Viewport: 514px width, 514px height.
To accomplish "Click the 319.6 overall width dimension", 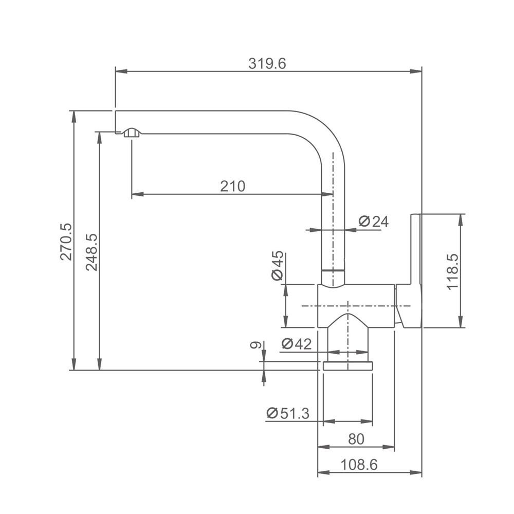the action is [267, 64].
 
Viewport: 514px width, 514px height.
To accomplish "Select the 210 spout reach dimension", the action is [232, 186].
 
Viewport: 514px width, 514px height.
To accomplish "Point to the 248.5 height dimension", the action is [91, 252].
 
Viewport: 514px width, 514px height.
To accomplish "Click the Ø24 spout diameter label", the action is [373, 222].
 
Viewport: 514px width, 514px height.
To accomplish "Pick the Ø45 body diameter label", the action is [278, 266].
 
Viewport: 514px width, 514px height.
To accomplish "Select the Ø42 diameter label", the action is [297, 344].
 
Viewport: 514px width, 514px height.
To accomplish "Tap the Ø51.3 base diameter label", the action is [288, 413].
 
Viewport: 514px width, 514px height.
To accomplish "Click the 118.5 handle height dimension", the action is [453, 272].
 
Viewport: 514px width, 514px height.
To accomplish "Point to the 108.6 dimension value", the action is [359, 465].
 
